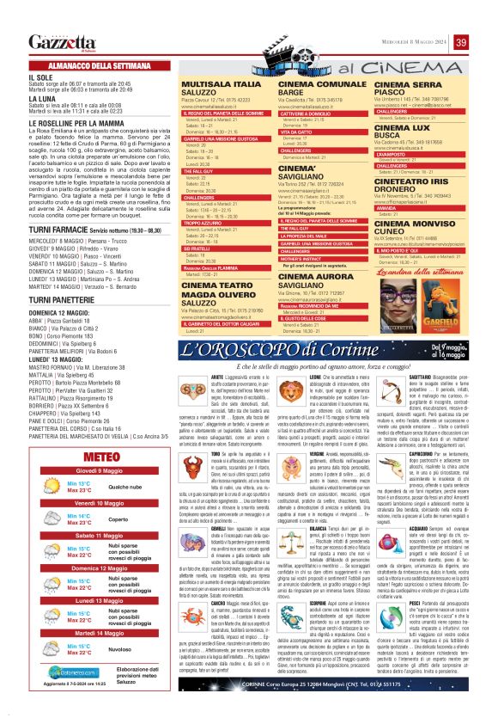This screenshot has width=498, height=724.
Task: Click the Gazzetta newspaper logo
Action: point(59,42)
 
